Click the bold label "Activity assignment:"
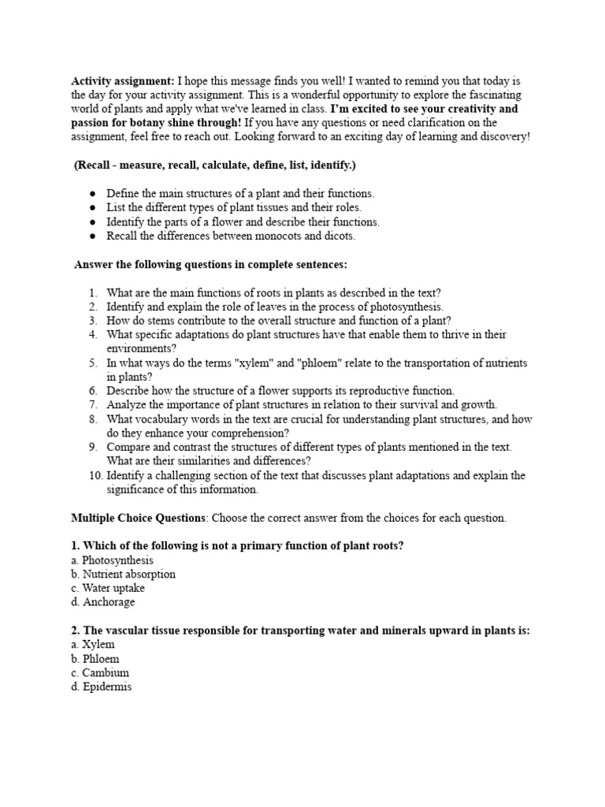[x=123, y=81]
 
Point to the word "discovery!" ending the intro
[x=505, y=136]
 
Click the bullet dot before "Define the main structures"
[x=93, y=193]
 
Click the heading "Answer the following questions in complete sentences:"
[x=210, y=264]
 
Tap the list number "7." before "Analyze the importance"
[x=92, y=404]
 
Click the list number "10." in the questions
[x=95, y=475]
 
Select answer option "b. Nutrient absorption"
[x=123, y=575]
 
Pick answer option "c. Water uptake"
[x=108, y=588]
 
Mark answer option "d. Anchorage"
[x=102, y=602]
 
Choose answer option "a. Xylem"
[x=92, y=645]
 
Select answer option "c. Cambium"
[x=99, y=673]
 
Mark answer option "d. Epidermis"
[x=101, y=687]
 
